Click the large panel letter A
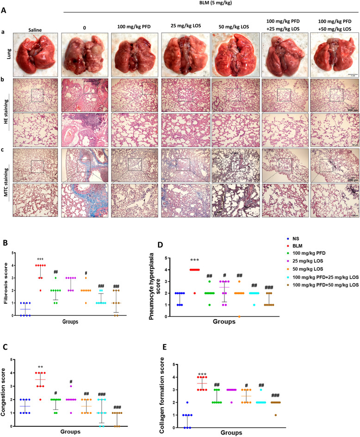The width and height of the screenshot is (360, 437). (6, 14)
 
